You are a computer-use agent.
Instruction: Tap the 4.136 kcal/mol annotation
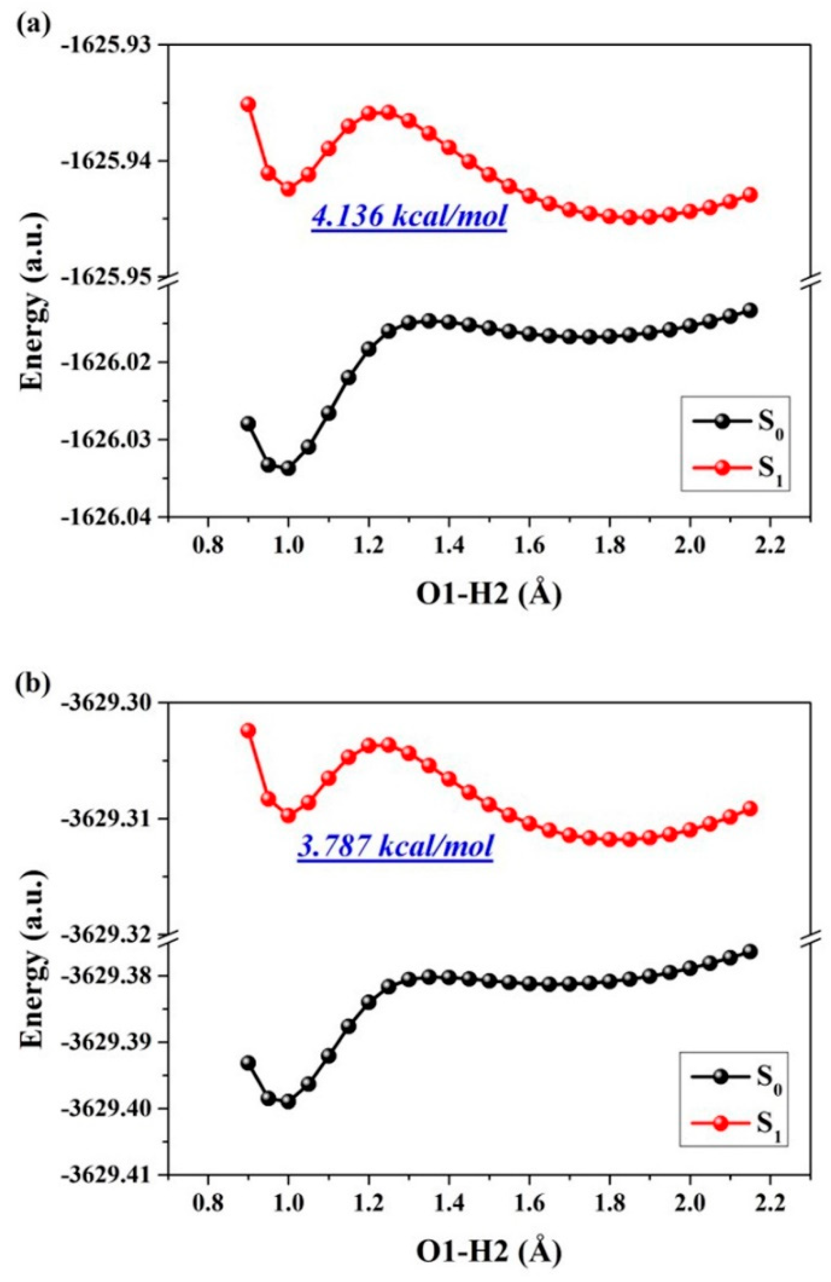click(409, 218)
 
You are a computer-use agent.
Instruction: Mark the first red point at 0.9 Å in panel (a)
click(248, 104)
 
